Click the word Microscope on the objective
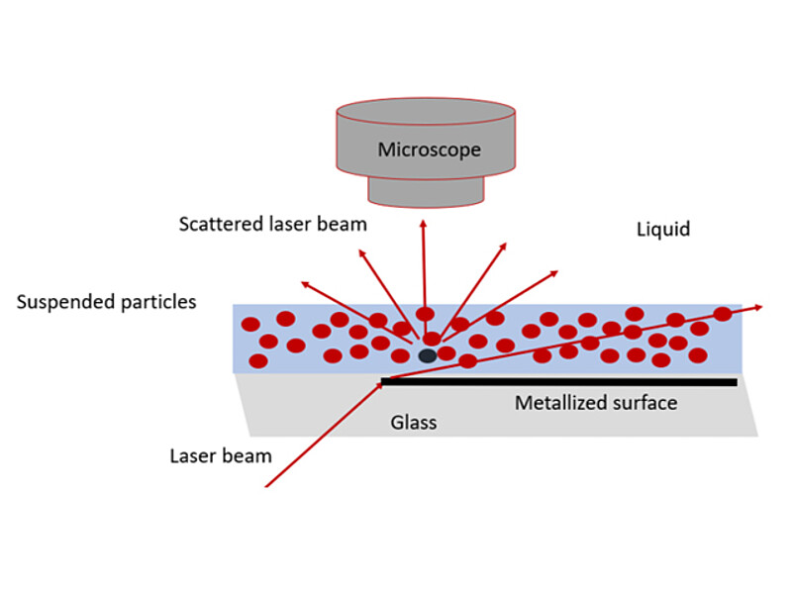(x=429, y=149)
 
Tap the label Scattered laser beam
(x=272, y=224)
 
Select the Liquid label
(x=662, y=230)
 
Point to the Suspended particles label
(x=106, y=301)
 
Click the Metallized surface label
(x=596, y=403)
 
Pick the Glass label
(x=413, y=423)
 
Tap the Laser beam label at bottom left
(x=220, y=456)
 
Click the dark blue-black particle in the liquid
(x=428, y=354)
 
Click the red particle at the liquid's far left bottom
(x=257, y=360)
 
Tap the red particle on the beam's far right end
(x=722, y=314)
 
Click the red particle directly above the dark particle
(x=432, y=339)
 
